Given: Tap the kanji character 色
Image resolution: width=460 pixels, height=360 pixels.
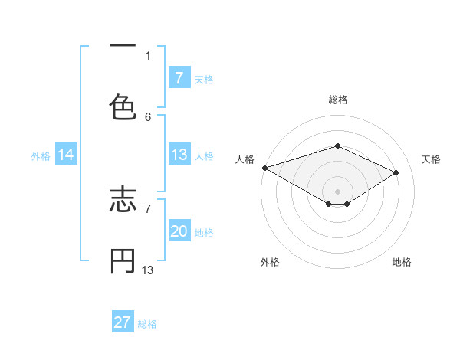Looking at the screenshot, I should tap(123, 106).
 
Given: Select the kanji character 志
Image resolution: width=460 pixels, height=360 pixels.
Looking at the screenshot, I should tap(123, 201).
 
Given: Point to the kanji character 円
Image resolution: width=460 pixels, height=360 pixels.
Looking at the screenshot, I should tap(123, 261).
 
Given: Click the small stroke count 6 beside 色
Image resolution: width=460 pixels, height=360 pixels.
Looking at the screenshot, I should tap(148, 116).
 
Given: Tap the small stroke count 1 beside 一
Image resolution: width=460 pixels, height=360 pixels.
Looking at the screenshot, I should tap(148, 55).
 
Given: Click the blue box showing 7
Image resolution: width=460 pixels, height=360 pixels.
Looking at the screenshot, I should tap(179, 78).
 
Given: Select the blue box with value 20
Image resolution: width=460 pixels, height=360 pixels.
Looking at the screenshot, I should tap(179, 232).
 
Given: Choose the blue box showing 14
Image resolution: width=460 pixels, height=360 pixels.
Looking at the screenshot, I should tap(66, 155).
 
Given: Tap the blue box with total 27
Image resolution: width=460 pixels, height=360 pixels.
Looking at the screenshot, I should tap(123, 322).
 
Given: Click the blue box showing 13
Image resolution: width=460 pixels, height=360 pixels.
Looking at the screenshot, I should tap(179, 155).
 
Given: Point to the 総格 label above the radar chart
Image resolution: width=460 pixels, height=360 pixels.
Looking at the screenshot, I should tap(337, 100).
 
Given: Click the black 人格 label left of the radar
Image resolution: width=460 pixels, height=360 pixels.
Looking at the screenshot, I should tap(245, 159).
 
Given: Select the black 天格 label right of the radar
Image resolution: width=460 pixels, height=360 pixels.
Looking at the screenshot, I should tap(431, 159).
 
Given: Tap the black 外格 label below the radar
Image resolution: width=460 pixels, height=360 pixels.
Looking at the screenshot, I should tap(270, 263).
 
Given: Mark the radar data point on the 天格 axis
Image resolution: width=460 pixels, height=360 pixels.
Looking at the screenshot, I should tap(396, 172).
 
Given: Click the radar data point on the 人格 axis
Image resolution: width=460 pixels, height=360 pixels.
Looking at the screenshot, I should tap(264, 168).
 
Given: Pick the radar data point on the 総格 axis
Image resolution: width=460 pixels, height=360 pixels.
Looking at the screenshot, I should tap(337, 146).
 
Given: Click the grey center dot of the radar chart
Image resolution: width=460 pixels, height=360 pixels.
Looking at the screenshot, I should tap(337, 191).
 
